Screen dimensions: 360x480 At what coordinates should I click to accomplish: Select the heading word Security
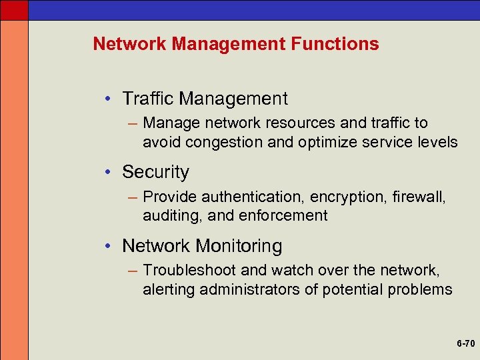[x=155, y=172]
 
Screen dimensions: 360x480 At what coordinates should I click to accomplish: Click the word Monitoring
[x=239, y=246]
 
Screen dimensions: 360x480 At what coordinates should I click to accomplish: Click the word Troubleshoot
[x=187, y=271]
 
